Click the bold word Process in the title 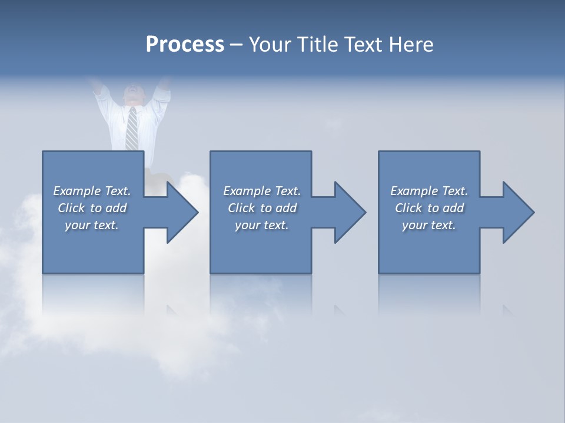pyautogui.click(x=185, y=45)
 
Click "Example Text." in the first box pyautogui.click(x=92, y=191)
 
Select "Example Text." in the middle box pyautogui.click(x=262, y=191)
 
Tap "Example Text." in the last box pyautogui.click(x=429, y=191)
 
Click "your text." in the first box pyautogui.click(x=92, y=225)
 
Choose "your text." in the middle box pyautogui.click(x=262, y=225)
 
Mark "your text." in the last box pyautogui.click(x=429, y=225)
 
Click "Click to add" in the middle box pyautogui.click(x=262, y=208)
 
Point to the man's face pyautogui.click(x=133, y=93)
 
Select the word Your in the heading pyautogui.click(x=270, y=45)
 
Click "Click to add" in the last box pyautogui.click(x=429, y=208)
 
